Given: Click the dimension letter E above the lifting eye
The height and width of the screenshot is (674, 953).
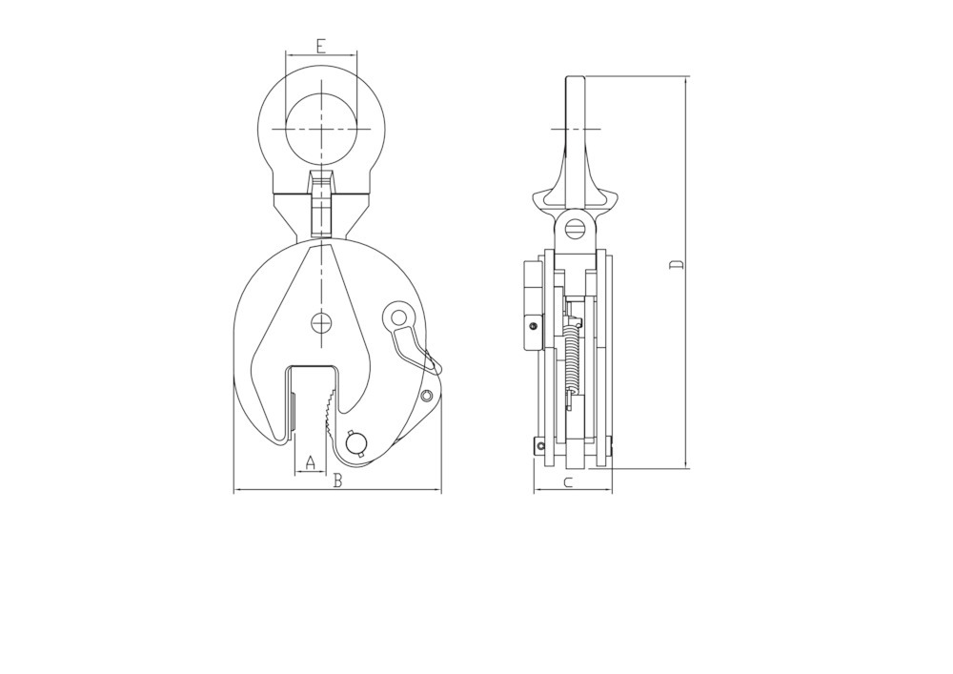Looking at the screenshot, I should pos(321,46).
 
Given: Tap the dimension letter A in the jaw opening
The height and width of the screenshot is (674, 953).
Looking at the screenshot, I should pos(309,463).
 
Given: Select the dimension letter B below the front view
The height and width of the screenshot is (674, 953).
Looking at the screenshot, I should pos(337,482).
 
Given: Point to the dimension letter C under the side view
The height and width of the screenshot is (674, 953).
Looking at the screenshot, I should pos(568,482).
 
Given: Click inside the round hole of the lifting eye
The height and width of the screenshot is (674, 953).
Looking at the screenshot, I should pos(321,129).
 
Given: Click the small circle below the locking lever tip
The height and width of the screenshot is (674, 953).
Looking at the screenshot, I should pos(427,395).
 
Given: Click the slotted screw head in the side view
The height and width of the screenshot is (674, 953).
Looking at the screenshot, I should pos(574,229).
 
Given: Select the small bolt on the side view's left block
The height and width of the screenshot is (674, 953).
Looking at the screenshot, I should pos(532,326).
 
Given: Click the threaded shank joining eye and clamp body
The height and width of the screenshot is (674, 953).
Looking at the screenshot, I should pos(321,205).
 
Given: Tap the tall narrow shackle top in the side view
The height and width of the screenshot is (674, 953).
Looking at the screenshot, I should pos(575,114).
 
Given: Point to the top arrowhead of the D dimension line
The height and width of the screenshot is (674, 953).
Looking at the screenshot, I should pos(685,79).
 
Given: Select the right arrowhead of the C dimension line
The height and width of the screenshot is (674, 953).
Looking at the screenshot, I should pos(609,491).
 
